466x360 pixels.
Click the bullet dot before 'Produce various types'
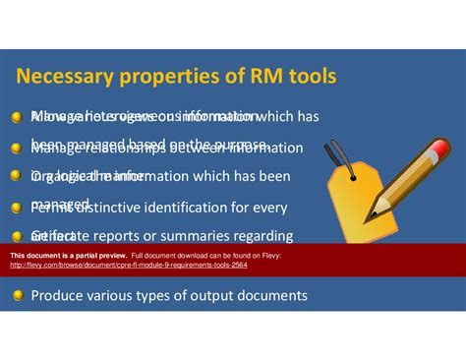(17, 295)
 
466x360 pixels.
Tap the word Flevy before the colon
(298, 256)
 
